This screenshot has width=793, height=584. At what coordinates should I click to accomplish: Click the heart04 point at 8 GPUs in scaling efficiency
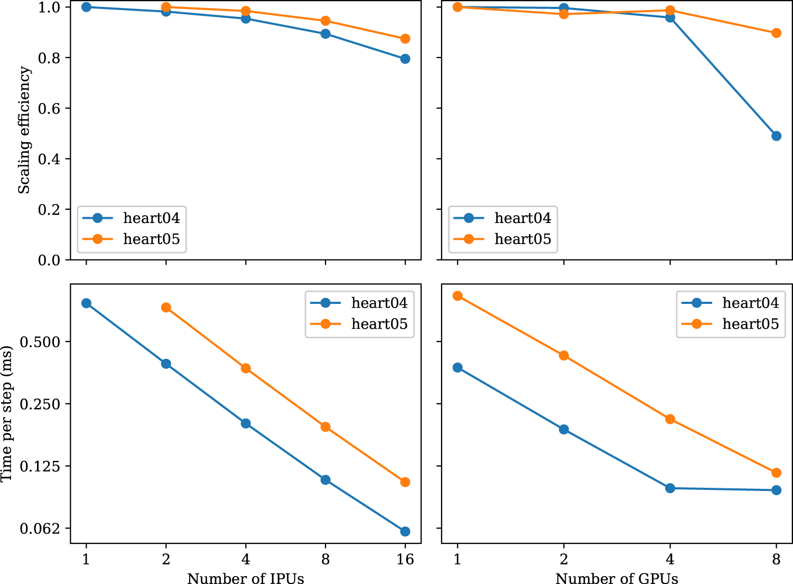pyautogui.click(x=776, y=136)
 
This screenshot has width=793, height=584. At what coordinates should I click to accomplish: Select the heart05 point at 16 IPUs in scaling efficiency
pyautogui.click(x=405, y=39)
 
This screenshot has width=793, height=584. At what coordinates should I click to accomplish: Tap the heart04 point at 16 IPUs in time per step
pyautogui.click(x=405, y=531)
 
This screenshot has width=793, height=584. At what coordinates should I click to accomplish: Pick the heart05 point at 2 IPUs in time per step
pyautogui.click(x=166, y=308)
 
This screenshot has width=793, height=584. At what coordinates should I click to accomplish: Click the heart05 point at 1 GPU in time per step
pyautogui.click(x=458, y=296)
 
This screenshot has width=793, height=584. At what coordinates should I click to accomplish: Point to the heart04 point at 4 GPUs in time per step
pyautogui.click(x=670, y=488)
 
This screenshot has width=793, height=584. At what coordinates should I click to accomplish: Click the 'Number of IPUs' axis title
pyautogui.click(x=246, y=578)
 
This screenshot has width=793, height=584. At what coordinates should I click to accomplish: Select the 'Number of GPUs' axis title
pyautogui.click(x=617, y=578)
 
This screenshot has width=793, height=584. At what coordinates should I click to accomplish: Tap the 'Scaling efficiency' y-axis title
pyautogui.click(x=24, y=130)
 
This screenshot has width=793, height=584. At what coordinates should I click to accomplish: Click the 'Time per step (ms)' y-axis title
pyautogui.click(x=7, y=414)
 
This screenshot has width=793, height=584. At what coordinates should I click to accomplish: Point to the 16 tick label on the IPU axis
pyautogui.click(x=405, y=559)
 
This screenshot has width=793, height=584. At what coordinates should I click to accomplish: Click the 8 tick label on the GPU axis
pyautogui.click(x=776, y=559)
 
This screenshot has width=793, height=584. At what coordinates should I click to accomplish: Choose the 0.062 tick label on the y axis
pyautogui.click(x=41, y=529)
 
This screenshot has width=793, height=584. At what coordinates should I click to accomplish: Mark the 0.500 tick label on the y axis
pyautogui.click(x=41, y=342)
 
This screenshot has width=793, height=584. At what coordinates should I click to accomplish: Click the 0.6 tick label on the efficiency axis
pyautogui.click(x=50, y=108)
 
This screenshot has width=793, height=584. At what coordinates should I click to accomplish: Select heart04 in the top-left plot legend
pyautogui.click(x=151, y=218)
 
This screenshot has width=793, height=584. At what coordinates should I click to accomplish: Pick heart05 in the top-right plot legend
pyautogui.click(x=523, y=239)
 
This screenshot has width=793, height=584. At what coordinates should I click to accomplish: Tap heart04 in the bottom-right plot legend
pyautogui.click(x=750, y=303)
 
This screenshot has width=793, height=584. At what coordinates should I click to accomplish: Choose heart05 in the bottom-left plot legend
pyautogui.click(x=379, y=324)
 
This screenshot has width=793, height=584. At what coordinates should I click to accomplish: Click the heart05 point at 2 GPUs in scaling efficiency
pyautogui.click(x=564, y=14)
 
